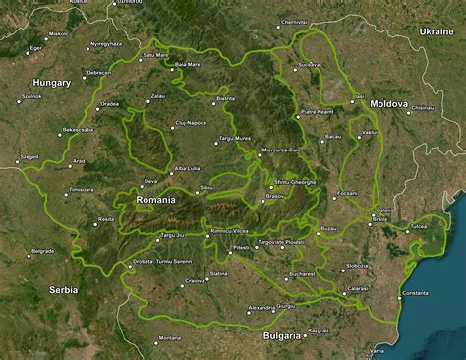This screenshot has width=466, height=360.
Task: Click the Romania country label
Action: coord(155,200)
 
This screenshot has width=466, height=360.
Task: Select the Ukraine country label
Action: coord(436,31)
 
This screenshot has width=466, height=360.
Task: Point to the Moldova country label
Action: coord(388,103)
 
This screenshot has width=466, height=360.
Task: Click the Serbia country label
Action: coord(62,290)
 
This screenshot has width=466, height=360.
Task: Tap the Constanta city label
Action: coord(415,293)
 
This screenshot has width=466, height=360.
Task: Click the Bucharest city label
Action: coord(302,274)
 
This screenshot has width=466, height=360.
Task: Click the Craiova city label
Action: coord(195,281)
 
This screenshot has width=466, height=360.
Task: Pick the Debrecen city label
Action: coord(98,72)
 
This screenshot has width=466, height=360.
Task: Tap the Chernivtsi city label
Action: coord(294,22)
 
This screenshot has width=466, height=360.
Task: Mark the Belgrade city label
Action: coord(42,251)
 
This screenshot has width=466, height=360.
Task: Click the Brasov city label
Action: coord(274,196)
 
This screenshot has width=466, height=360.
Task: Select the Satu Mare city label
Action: coord(156,55)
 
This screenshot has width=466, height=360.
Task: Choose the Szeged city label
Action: coord(29,156)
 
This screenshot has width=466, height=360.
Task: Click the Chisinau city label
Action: coord(423,108)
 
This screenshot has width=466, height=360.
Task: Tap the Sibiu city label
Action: coord(205,187)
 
